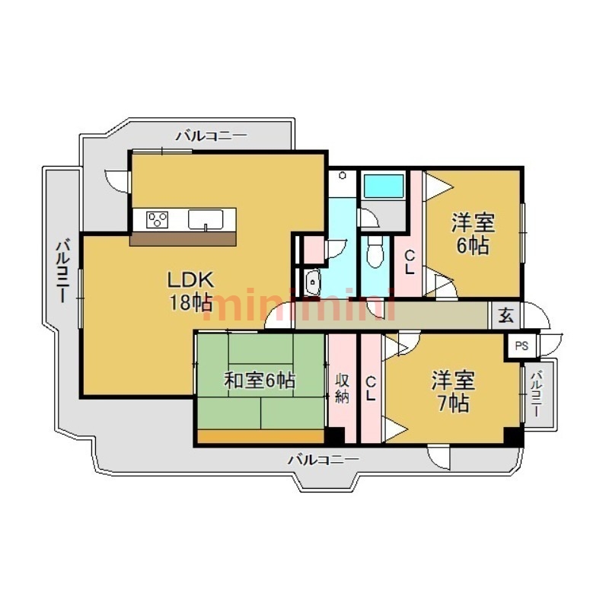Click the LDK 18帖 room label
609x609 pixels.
click(x=190, y=291)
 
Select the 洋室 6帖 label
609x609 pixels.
click(x=473, y=234)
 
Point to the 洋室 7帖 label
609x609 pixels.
click(x=453, y=391)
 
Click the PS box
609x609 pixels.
click(x=521, y=346)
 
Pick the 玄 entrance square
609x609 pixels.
click(x=506, y=315)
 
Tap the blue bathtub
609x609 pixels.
click(x=384, y=187)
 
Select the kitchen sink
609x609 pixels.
click(x=206, y=220)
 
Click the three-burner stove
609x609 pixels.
click(x=158, y=220)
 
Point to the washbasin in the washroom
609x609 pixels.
click(x=313, y=282)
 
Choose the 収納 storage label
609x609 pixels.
click(x=342, y=388)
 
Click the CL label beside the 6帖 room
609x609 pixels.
click(x=410, y=263)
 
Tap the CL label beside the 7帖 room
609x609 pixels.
click(x=371, y=389)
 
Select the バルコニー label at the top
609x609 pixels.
click(x=212, y=136)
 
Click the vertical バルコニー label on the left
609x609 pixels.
click(x=62, y=272)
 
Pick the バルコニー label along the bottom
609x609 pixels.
click(x=323, y=461)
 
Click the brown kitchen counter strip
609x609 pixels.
click(x=183, y=239)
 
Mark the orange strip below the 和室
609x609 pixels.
click(x=261, y=435)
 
